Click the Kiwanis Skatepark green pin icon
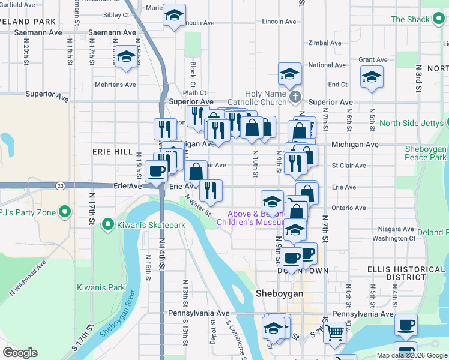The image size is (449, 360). pos(108,226)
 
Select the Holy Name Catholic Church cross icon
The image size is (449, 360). pos(294,96)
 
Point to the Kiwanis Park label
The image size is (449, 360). pos(101,288)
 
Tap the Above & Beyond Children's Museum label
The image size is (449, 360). pos(255,218)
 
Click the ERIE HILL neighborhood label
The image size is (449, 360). pos(112,152)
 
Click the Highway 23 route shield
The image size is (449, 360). pos(60,186)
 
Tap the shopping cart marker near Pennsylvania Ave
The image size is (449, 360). pos(334,331)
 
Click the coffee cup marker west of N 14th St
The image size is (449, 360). pos(156,171)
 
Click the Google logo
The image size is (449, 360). pos(20,353)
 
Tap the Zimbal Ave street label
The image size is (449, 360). pos(324,43)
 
